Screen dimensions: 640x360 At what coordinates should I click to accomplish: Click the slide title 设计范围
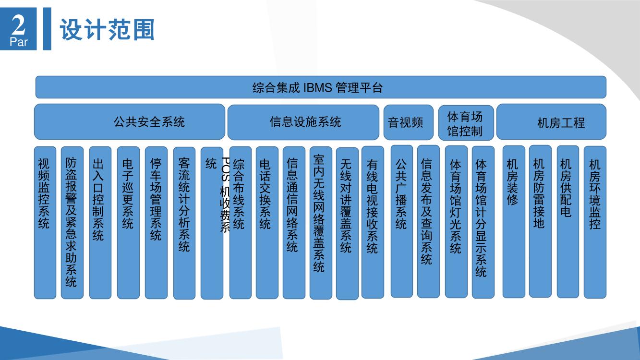click(107, 29)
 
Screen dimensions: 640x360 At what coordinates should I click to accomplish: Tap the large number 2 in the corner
click(19, 25)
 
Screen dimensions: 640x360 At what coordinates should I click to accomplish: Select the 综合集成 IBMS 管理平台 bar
click(321, 87)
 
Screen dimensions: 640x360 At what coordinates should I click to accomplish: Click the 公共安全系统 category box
click(130, 122)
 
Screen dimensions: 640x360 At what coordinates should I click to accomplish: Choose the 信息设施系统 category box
click(303, 122)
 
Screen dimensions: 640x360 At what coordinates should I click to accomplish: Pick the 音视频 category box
click(409, 122)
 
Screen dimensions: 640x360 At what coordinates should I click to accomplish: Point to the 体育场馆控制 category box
click(466, 123)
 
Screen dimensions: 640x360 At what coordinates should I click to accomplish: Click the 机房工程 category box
click(552, 122)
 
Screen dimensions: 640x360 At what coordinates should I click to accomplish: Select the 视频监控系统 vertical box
click(45, 223)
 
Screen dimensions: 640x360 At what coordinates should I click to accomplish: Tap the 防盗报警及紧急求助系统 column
click(72, 223)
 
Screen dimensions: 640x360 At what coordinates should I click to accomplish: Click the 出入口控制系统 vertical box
click(100, 223)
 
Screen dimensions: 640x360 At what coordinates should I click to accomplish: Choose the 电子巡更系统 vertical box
click(128, 223)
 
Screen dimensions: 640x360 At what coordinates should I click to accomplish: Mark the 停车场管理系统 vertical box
click(157, 223)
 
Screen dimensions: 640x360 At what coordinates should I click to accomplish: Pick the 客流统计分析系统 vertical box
click(184, 223)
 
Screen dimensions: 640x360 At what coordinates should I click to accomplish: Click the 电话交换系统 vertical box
click(267, 223)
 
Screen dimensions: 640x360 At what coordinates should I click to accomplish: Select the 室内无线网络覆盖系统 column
click(321, 223)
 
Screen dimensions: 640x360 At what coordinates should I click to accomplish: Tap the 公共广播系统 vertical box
click(402, 221)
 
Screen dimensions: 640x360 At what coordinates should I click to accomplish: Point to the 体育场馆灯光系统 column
click(456, 222)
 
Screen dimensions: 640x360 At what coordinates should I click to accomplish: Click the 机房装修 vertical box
click(514, 222)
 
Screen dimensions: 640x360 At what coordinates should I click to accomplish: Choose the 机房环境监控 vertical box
click(595, 222)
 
